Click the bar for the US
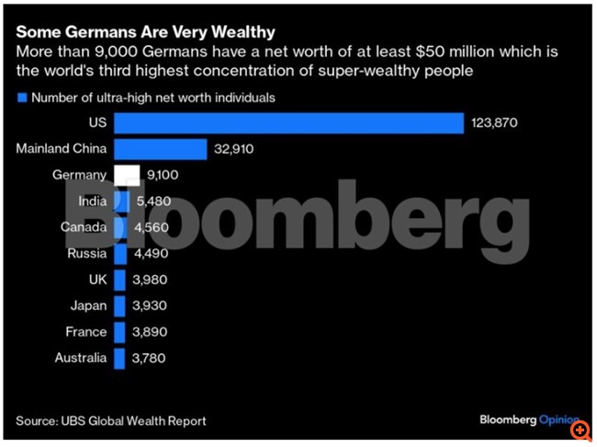tap(287, 123)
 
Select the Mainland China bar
tap(159, 149)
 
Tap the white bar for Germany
tap(126, 175)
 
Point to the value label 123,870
tap(496, 123)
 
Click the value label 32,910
tap(236, 149)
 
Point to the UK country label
tap(95, 280)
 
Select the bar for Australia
tap(118, 358)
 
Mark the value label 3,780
tap(148, 358)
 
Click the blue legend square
tap(21, 97)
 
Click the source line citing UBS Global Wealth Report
tap(110, 420)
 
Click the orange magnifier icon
tap(580, 430)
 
